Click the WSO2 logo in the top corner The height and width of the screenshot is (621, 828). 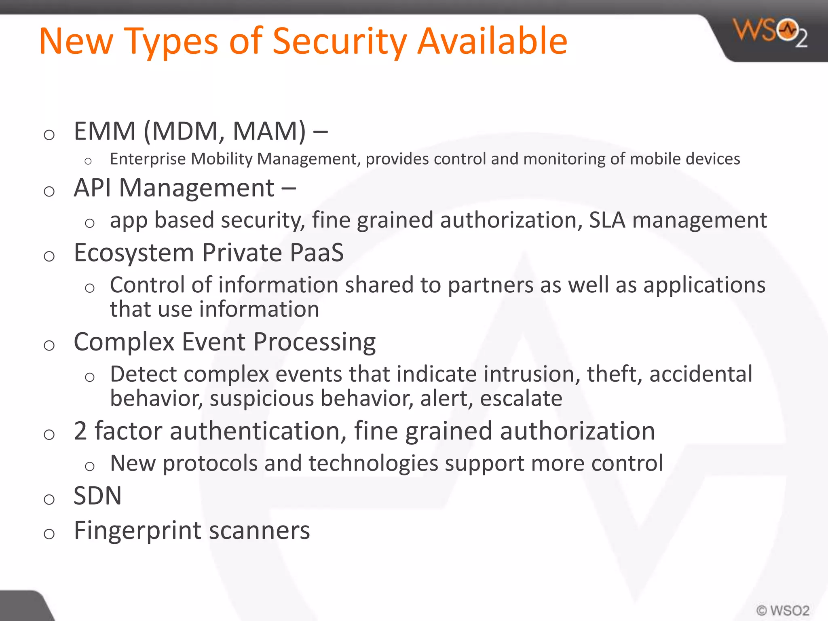770,32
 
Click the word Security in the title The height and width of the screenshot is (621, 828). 340,42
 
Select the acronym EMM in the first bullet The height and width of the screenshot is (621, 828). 104,131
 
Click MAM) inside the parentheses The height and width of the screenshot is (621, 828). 269,131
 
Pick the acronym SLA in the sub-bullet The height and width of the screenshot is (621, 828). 607,220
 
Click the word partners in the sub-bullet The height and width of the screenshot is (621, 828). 490,285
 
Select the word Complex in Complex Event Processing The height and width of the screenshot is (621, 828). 124,342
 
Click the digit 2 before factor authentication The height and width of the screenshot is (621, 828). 80,431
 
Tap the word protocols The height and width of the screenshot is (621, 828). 210,463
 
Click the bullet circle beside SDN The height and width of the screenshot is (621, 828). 49,500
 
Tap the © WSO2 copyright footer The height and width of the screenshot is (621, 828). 783,610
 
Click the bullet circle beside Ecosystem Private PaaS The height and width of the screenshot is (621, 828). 49,256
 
